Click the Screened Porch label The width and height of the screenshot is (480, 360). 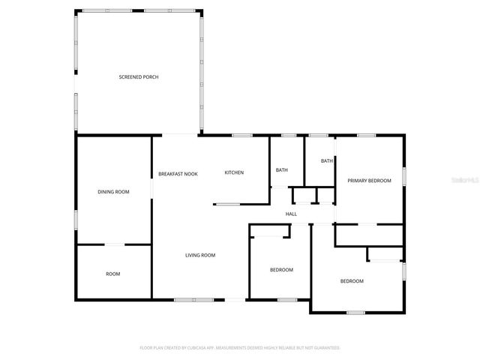139,77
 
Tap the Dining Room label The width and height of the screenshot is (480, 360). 113,192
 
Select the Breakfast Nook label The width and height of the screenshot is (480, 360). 178,174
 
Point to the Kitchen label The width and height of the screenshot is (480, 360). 234,173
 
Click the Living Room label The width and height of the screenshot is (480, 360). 200,256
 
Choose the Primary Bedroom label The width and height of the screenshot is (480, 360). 368,181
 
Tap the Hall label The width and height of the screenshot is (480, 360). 291,214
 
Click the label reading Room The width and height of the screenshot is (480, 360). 112,274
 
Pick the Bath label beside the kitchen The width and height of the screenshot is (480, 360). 281,170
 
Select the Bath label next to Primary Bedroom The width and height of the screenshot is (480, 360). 327,161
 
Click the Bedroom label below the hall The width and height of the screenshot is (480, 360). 281,270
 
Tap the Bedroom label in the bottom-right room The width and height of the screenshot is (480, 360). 352,281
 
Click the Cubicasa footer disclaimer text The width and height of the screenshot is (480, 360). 240,348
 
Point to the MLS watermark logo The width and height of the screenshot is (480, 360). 466,181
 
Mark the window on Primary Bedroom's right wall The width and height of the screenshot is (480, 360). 404,175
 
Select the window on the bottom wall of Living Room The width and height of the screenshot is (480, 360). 194,300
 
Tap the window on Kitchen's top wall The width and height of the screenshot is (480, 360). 241,135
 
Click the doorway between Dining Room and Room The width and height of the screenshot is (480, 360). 114,244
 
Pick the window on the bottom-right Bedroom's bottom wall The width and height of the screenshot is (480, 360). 355,312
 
